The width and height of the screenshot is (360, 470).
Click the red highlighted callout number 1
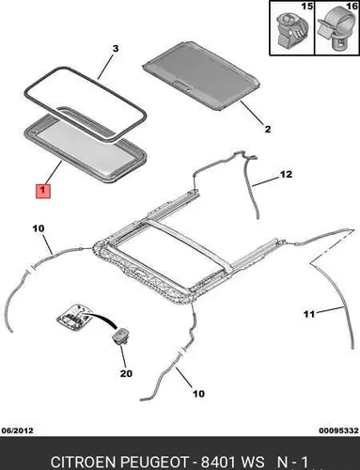tap(43, 191)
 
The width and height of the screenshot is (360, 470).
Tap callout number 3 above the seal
tap(116, 49)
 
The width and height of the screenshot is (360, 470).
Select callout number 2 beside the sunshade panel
tap(267, 129)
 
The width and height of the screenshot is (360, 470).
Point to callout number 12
tap(286, 174)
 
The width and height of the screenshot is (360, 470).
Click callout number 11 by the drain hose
tap(309, 314)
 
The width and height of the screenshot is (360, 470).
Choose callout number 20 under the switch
tap(126, 373)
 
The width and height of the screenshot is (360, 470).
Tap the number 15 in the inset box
tap(307, 7)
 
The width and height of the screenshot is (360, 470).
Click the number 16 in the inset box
tap(352, 7)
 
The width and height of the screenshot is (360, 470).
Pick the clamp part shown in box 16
tap(336, 31)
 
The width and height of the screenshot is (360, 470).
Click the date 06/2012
tap(17, 431)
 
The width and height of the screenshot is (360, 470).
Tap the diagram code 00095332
tap(338, 431)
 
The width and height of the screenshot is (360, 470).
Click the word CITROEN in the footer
tap(84, 462)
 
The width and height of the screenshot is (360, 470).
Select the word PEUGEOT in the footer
tap(154, 462)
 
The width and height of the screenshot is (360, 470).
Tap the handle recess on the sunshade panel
tap(182, 85)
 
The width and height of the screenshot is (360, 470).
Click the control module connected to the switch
tap(73, 316)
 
